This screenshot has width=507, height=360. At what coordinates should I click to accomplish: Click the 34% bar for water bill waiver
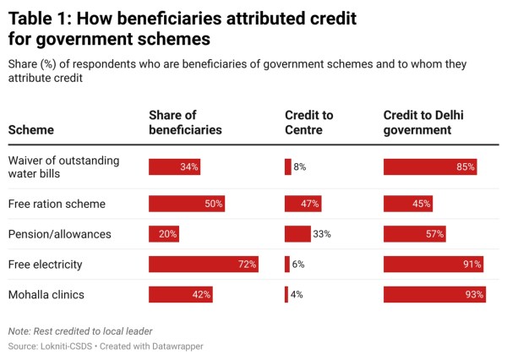point(174,167)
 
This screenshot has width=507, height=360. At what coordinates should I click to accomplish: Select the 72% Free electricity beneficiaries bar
point(203,265)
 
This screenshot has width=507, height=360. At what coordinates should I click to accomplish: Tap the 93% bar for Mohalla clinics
point(434,295)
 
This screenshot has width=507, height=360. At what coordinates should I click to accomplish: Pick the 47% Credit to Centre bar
point(302,204)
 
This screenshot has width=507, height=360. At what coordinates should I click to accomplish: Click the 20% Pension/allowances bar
point(164,234)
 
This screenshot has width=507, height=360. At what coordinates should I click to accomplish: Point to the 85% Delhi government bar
point(430,167)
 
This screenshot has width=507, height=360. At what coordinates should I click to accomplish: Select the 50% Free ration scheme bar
point(187,204)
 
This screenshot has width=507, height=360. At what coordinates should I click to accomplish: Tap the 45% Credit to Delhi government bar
point(408,204)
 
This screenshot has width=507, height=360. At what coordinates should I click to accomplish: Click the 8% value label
point(300,167)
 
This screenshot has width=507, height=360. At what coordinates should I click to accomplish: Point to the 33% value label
point(321,234)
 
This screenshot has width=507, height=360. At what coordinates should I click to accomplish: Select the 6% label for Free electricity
point(298,265)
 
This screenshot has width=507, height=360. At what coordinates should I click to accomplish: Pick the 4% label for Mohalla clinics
point(297,295)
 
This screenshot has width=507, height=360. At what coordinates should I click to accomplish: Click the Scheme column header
point(31,131)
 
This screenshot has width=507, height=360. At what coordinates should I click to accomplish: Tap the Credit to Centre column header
point(309,123)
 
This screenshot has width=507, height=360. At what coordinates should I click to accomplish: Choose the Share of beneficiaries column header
point(185,123)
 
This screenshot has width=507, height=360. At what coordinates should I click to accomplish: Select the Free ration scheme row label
point(57,204)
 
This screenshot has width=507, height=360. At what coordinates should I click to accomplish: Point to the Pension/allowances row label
point(58,234)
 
